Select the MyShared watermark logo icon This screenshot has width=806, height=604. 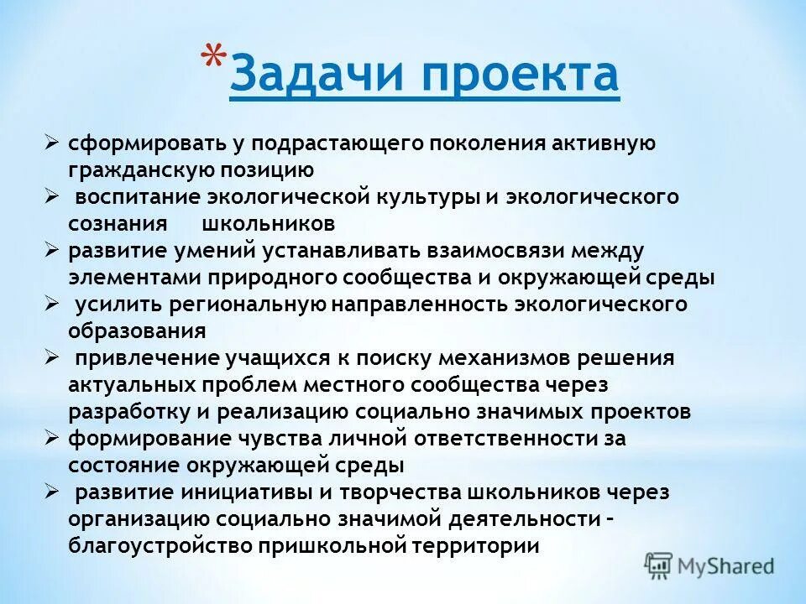[659, 565]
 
